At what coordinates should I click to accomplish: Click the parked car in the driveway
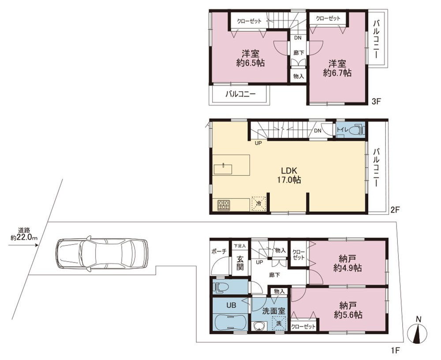[101, 254]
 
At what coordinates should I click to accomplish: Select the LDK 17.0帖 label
[289, 175]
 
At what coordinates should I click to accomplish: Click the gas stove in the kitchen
[224, 205]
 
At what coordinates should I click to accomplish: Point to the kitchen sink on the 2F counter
[223, 169]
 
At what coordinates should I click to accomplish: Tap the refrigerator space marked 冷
[258, 203]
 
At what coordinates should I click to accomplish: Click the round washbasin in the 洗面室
[258, 326]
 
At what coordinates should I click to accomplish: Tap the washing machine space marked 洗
[279, 323]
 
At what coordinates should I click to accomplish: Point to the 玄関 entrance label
[239, 263]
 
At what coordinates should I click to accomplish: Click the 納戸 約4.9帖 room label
[348, 263]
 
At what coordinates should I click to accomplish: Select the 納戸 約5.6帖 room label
[348, 310]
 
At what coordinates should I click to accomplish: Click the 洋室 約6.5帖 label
[250, 58]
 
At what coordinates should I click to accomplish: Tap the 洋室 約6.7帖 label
[337, 68]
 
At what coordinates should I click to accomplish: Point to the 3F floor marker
[376, 101]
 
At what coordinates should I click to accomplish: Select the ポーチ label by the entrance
[219, 251]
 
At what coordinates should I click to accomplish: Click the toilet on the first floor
[222, 287]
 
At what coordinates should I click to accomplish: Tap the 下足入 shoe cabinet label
[240, 246]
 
